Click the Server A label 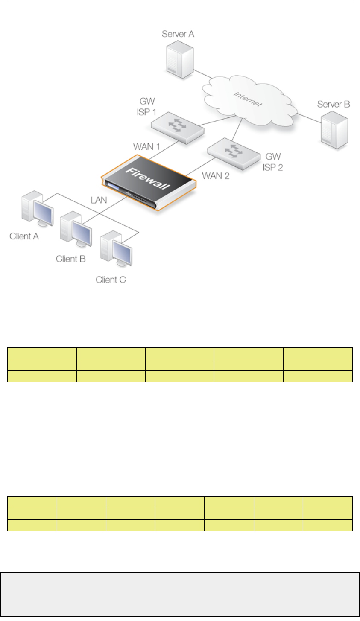178,34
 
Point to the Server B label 334,104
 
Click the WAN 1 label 146,147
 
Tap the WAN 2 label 215,175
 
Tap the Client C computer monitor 120,252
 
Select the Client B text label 71,259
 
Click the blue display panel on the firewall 112,187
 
